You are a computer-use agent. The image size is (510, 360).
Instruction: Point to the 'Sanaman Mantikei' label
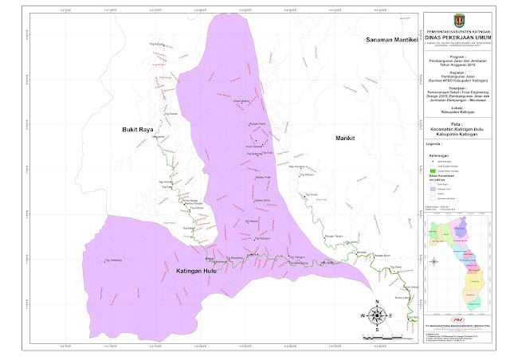[390, 40]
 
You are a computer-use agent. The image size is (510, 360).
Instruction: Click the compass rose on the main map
[376, 315]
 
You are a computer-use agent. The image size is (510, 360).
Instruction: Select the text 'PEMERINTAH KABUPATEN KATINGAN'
[457, 28]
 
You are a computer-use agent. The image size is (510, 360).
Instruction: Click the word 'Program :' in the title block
[457, 57]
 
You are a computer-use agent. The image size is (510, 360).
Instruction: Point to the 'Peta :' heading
[457, 122]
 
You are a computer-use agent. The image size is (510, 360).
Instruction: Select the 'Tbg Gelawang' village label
[113, 260]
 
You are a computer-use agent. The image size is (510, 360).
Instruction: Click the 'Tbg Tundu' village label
[312, 194]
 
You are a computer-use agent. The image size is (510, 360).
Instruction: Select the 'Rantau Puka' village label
[263, 176]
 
